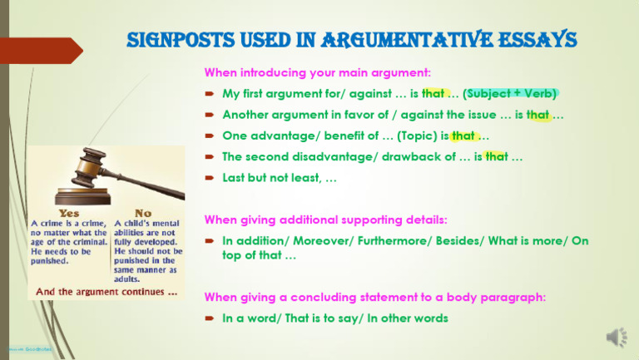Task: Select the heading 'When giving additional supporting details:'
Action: click(326, 220)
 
